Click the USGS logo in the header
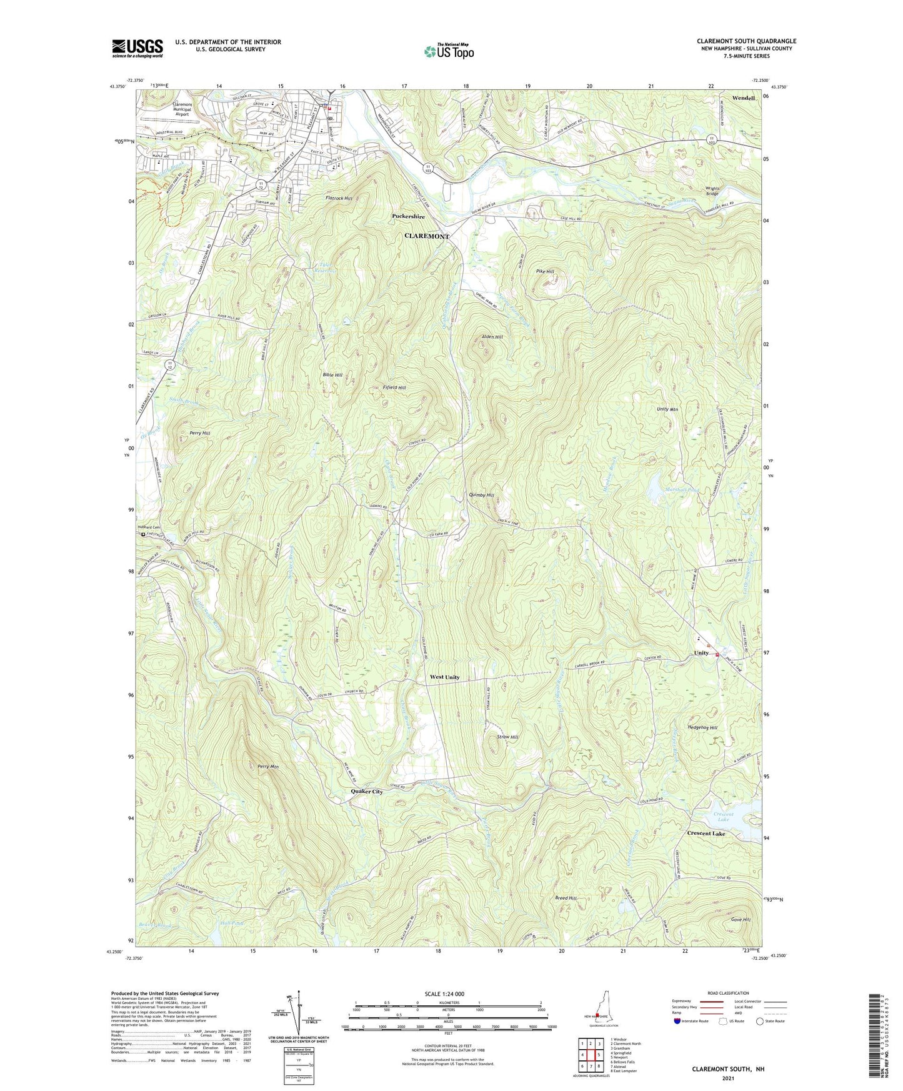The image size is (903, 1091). [x=137, y=47]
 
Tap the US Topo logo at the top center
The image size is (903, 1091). [x=449, y=51]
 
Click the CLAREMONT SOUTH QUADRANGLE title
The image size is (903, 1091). [x=746, y=41]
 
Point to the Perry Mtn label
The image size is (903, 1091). [x=267, y=767]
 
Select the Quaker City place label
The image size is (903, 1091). [x=366, y=792]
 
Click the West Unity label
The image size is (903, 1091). [x=444, y=677]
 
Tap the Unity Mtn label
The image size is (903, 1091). [x=667, y=409]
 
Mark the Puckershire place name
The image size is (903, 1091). [x=408, y=216]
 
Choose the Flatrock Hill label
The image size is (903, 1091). [x=339, y=198]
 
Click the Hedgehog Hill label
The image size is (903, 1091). [x=702, y=728]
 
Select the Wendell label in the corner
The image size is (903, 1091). [x=743, y=98]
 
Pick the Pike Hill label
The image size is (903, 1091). [x=545, y=272]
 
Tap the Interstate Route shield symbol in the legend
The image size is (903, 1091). [x=678, y=1021]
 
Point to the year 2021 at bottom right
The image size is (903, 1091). [x=727, y=1078]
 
